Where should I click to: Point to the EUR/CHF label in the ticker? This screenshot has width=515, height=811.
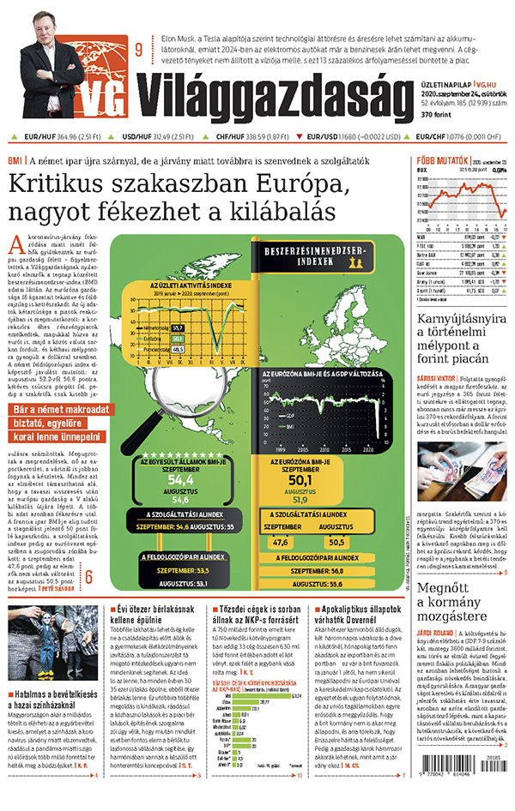coord(433,136)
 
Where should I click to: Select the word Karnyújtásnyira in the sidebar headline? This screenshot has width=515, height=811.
coord(459,323)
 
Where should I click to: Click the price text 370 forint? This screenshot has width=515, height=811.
coord(437,114)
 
